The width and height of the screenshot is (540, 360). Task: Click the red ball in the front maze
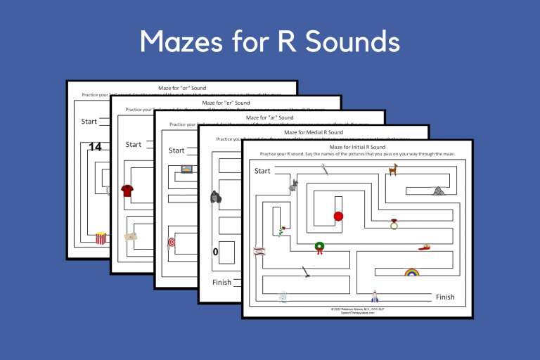coord(337,216)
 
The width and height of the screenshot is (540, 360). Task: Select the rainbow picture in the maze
coord(411,272)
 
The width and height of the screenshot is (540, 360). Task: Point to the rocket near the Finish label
coord(375,296)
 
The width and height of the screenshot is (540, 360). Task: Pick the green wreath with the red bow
coord(320,247)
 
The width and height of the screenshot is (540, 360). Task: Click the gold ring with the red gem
coord(394,225)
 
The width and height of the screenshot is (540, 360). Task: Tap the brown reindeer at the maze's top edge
coord(393,169)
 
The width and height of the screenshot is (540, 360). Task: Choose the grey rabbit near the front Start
coord(293,186)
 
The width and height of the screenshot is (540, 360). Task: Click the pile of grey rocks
coord(438,190)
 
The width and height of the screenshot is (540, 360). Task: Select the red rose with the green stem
coord(281,230)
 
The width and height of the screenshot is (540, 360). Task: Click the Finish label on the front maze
coord(445,297)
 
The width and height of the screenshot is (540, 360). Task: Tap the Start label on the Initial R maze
coord(262,171)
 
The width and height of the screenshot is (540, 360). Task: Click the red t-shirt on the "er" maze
coord(127,190)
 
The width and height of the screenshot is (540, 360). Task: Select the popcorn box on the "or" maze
coord(101,239)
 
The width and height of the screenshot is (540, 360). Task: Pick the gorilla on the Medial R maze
coord(216,198)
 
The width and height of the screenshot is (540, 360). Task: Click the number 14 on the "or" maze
coord(95,147)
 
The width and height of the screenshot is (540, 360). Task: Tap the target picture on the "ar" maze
coord(171,243)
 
